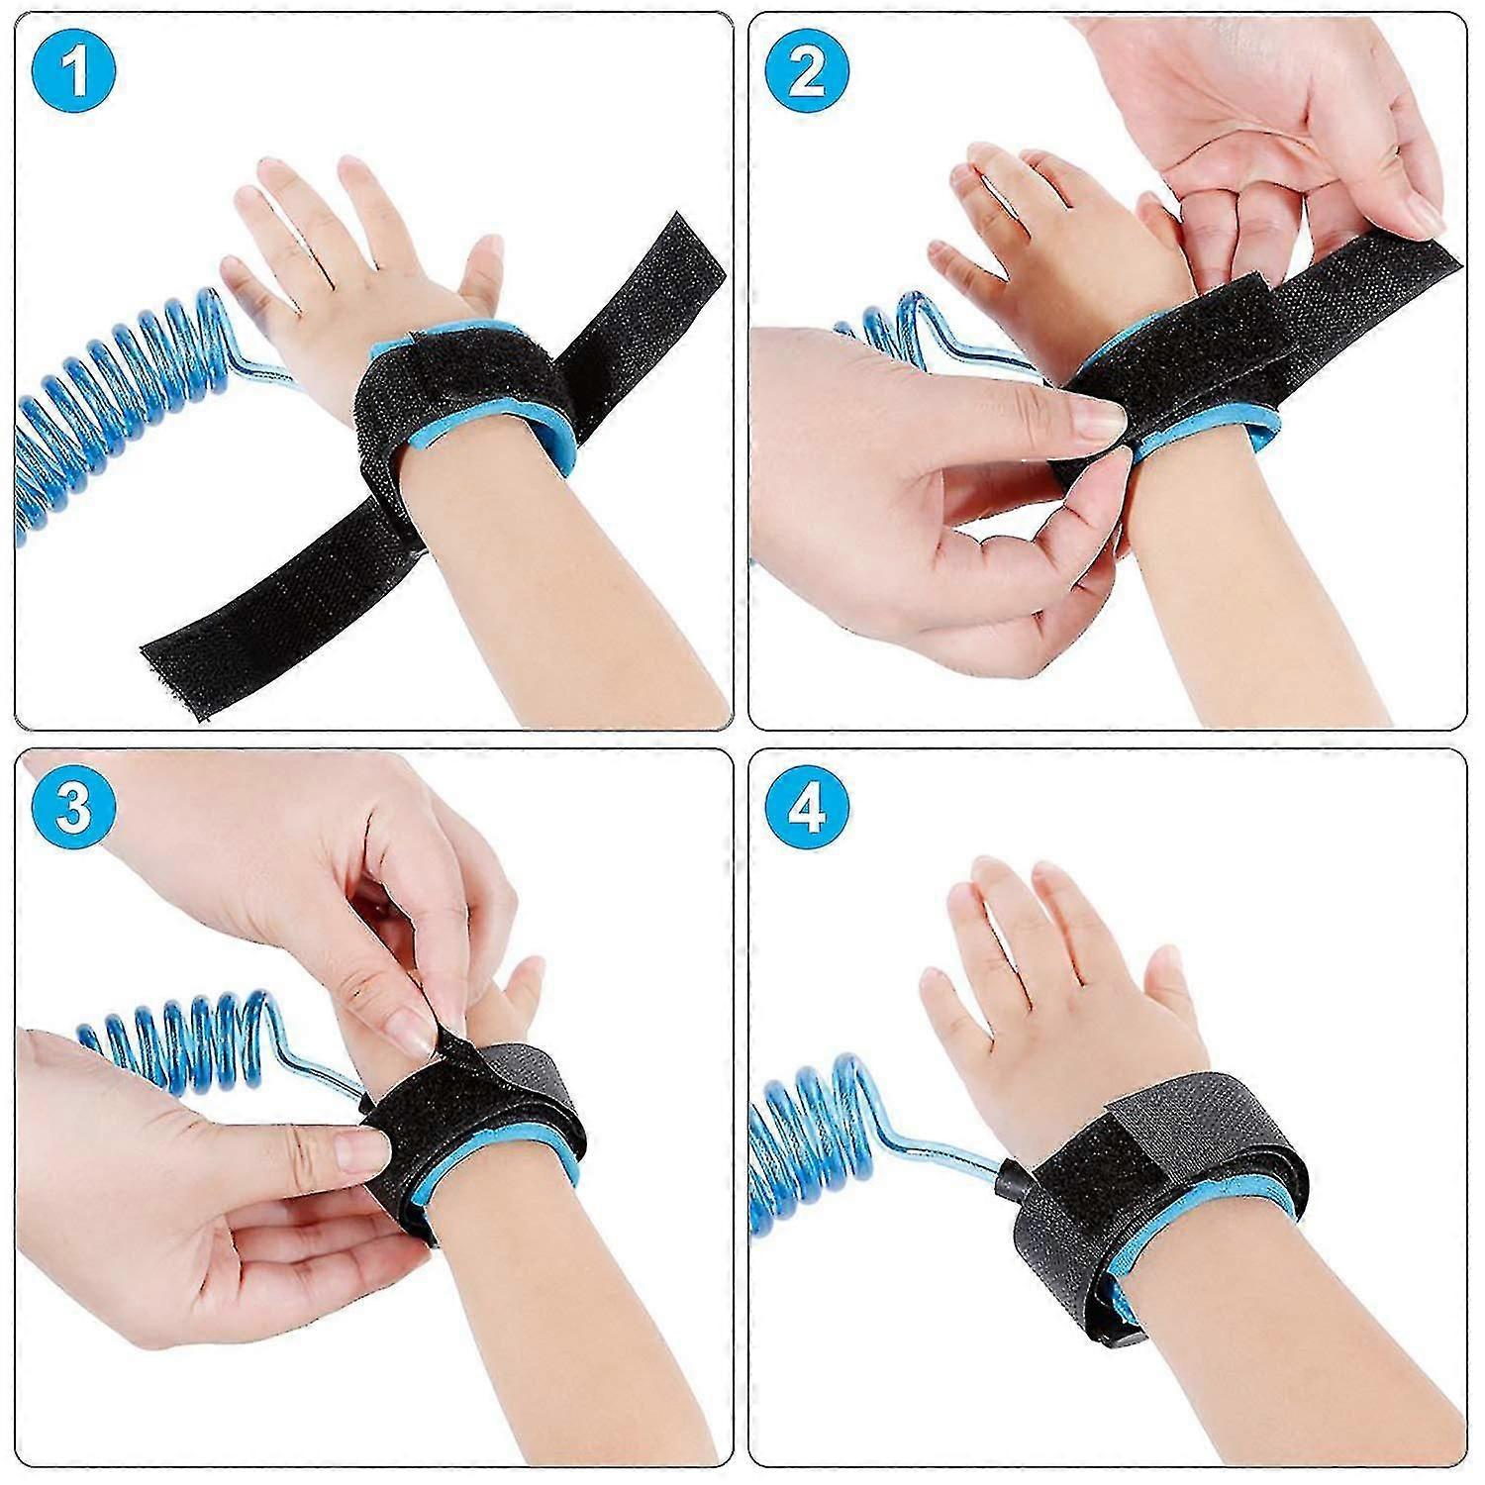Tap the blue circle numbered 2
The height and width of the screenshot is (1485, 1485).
807,73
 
